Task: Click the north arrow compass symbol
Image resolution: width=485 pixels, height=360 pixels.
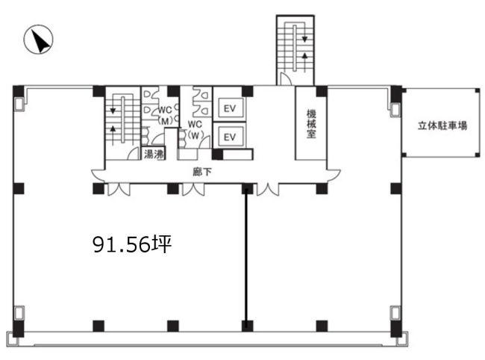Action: tap(38, 40)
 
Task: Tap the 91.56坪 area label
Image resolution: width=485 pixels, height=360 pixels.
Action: tap(132, 244)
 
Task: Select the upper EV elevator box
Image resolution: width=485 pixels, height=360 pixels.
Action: tap(230, 108)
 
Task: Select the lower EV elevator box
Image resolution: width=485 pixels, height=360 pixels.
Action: tap(230, 137)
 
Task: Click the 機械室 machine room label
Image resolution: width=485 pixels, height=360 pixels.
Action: tap(311, 123)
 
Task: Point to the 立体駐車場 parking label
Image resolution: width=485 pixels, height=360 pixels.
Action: tap(442, 125)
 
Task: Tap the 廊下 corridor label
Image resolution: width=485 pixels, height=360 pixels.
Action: tap(202, 172)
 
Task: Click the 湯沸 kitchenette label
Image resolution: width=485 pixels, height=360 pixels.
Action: tap(154, 154)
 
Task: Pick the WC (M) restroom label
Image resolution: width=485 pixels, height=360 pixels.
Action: tap(165, 116)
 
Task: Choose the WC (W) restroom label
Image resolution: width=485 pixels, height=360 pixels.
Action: tap(195, 130)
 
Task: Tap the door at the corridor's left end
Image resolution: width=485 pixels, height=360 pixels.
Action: tap(98, 176)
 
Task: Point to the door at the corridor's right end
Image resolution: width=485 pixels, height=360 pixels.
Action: tap(334, 176)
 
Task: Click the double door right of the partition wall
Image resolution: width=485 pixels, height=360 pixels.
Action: tap(268, 190)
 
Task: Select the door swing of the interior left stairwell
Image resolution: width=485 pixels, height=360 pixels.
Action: tap(134, 154)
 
